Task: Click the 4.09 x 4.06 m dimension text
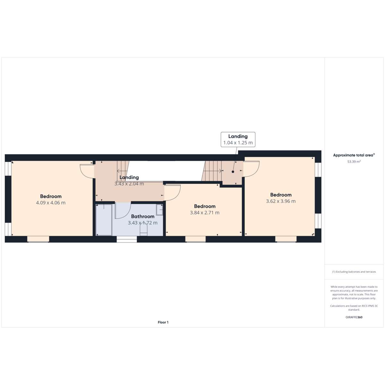tap(51, 202)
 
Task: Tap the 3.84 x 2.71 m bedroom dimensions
tap(205, 213)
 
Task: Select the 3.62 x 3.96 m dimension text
tap(281, 201)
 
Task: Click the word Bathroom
tap(143, 216)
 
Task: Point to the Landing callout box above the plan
tap(238, 140)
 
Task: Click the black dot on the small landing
tap(233, 172)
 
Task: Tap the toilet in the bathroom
tap(143, 230)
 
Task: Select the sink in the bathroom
tap(159, 210)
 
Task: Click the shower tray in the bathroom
tap(104, 220)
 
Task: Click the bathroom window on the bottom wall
tap(127, 239)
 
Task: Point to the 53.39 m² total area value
tap(354, 162)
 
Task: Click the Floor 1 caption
tap(163, 322)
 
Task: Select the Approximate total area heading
tap(354, 155)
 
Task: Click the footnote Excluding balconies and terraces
tap(354, 272)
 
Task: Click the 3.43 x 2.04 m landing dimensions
tap(129, 184)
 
